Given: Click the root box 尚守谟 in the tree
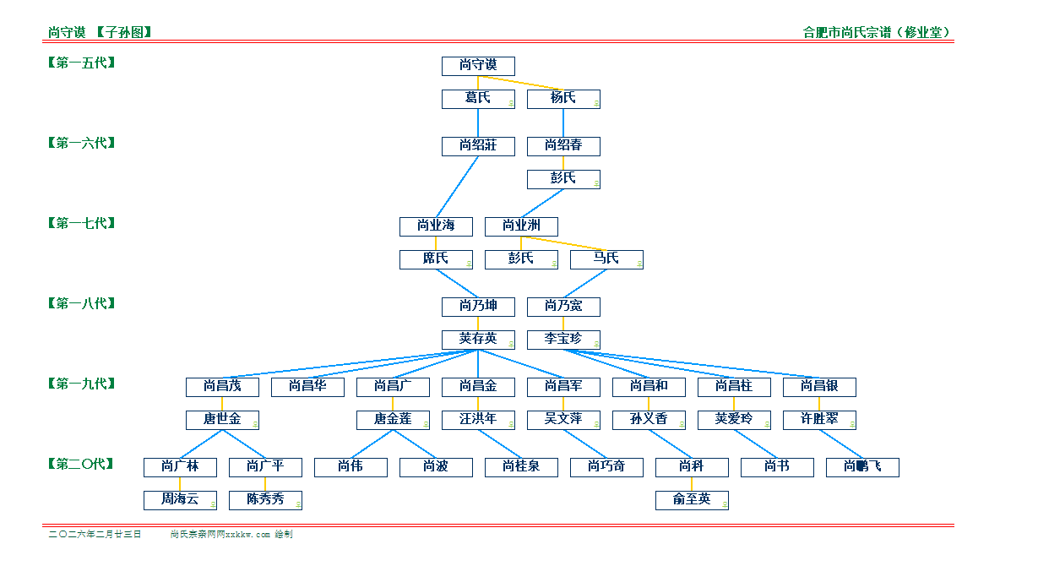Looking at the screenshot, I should point(478,66).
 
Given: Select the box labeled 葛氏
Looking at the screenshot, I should point(478,99).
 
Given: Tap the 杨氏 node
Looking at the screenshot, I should point(563,99).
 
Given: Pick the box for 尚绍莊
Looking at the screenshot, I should point(478,146).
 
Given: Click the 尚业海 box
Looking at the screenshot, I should point(436,226).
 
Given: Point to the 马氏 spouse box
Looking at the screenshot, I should point(606,259).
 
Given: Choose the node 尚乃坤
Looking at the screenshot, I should point(478,307).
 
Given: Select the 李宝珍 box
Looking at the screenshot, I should point(563,340).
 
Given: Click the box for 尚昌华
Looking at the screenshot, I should point(307,387).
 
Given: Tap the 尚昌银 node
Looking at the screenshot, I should point(819,387).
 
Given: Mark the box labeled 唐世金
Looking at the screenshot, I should point(222,420).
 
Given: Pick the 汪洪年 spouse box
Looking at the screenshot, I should point(478,420).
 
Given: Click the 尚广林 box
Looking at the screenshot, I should point(180,467).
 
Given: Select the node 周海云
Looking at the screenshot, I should point(180,500).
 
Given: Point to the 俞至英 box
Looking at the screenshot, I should point(692,500).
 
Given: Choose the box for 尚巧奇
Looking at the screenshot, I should point(606,467).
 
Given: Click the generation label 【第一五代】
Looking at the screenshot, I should point(81,63).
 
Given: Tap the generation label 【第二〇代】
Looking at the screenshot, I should point(81,464).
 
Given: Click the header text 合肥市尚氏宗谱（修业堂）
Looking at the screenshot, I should point(877,33).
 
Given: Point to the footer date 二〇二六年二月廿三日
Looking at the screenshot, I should point(95,535).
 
